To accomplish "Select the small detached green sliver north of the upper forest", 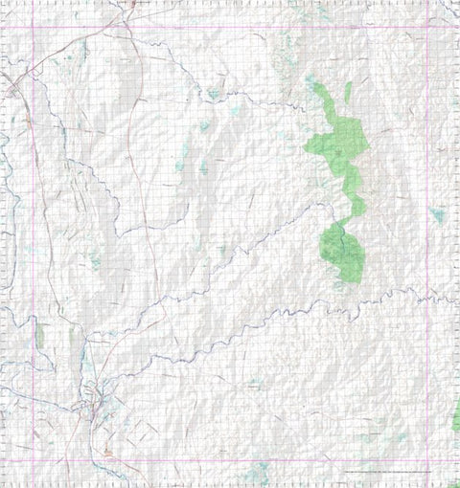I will click(348, 93).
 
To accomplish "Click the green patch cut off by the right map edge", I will click(456, 416).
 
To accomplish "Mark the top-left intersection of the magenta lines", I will click(34, 27).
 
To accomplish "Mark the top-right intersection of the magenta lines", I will click(427, 27).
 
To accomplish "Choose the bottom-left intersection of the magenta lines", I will click(34, 460).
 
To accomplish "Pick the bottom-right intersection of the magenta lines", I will click(427, 460).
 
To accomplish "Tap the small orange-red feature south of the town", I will click(106, 451).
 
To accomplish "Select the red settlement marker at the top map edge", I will click(131, 3).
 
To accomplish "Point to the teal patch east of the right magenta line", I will click(438, 215).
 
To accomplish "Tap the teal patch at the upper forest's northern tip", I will click(315, 86).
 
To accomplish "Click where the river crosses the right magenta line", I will click(427, 299).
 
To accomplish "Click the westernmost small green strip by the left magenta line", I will click(40, 335).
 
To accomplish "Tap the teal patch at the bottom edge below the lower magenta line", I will click(257, 473).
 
